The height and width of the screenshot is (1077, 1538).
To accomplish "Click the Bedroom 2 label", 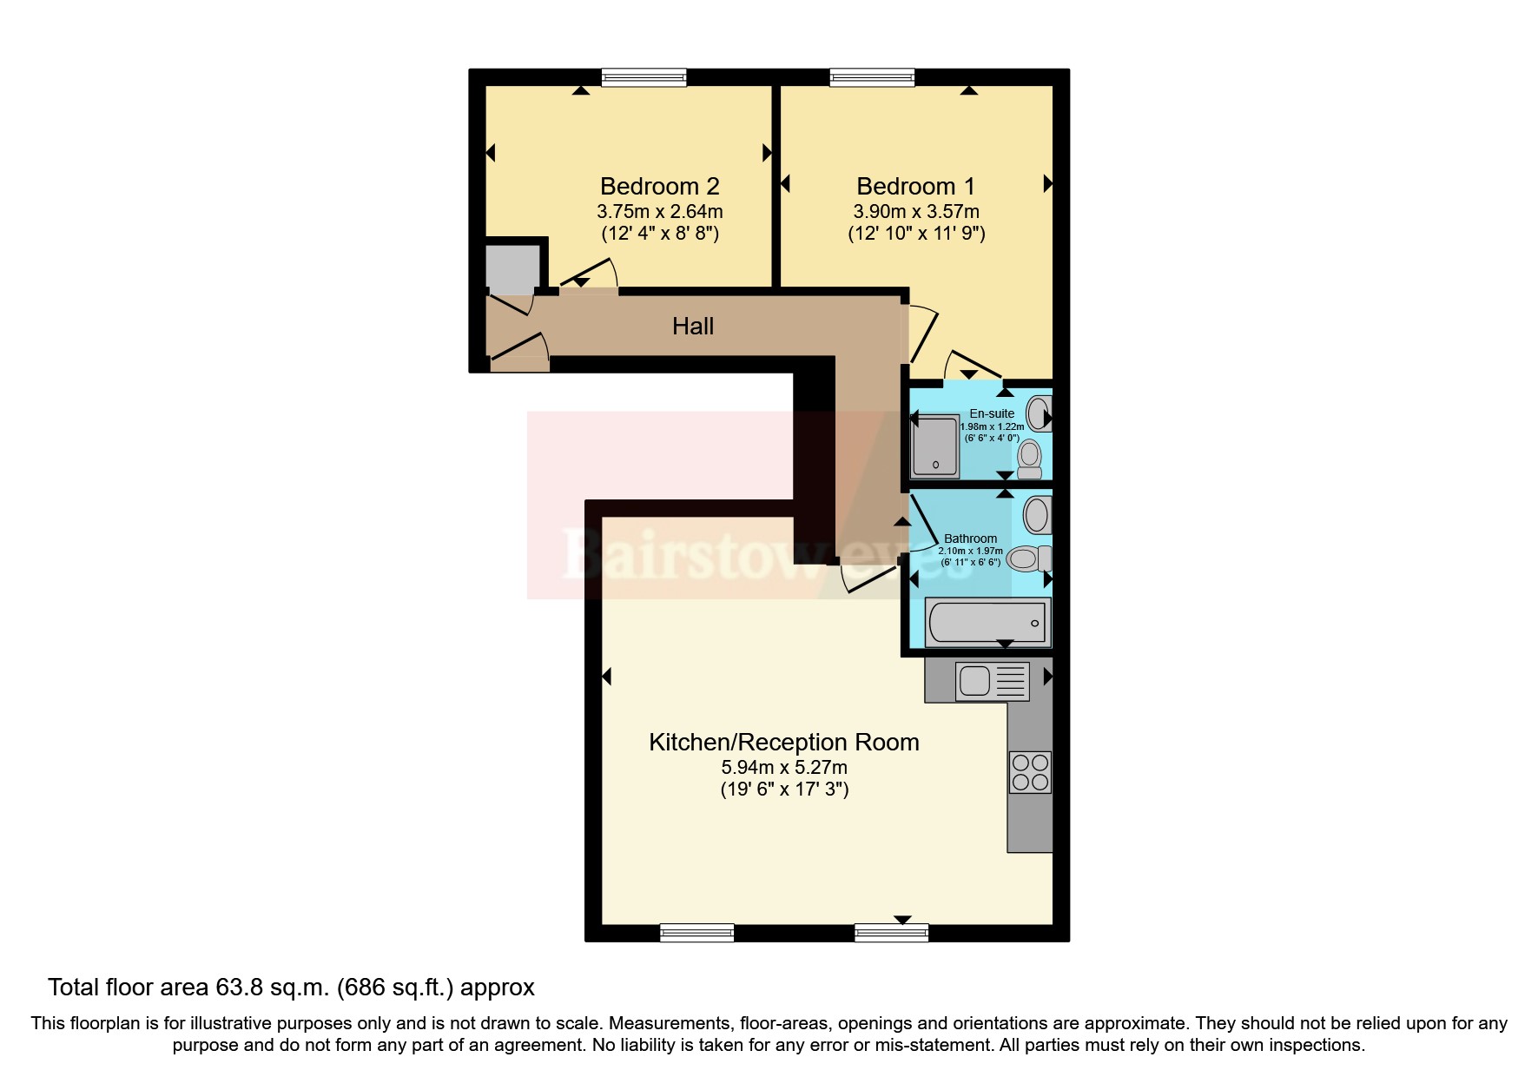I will click(x=659, y=186).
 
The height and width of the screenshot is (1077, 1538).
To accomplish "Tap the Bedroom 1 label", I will click(x=915, y=186).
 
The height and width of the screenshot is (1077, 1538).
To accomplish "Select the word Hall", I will click(x=692, y=326).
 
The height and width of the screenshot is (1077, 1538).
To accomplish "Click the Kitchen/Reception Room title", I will click(x=783, y=742).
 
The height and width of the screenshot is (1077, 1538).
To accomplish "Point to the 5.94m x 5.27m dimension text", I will click(x=783, y=767).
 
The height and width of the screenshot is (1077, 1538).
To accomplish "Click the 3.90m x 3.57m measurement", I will click(x=915, y=211).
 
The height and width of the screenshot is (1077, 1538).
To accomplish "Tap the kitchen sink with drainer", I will click(x=992, y=680).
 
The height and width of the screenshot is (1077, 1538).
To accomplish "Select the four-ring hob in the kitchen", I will click(x=1030, y=772).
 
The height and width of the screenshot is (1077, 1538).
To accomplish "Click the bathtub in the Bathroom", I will click(x=987, y=622).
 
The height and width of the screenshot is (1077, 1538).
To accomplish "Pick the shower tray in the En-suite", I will click(x=935, y=446).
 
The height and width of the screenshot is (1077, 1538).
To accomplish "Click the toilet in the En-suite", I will click(x=1030, y=458).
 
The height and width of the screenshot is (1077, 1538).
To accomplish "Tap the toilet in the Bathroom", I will click(x=1029, y=558).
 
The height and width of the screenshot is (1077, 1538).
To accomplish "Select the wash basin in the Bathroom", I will click(x=1036, y=515).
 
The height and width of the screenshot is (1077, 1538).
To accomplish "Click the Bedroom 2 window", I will click(x=644, y=77).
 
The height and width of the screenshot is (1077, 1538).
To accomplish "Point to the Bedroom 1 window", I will click(x=872, y=77).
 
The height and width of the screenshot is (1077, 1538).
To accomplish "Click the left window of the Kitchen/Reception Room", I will click(x=696, y=933).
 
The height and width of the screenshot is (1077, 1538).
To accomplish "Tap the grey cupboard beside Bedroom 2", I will click(x=512, y=269).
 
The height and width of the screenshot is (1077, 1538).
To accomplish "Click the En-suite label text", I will click(x=992, y=413).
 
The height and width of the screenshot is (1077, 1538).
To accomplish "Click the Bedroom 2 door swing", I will click(x=591, y=274).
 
